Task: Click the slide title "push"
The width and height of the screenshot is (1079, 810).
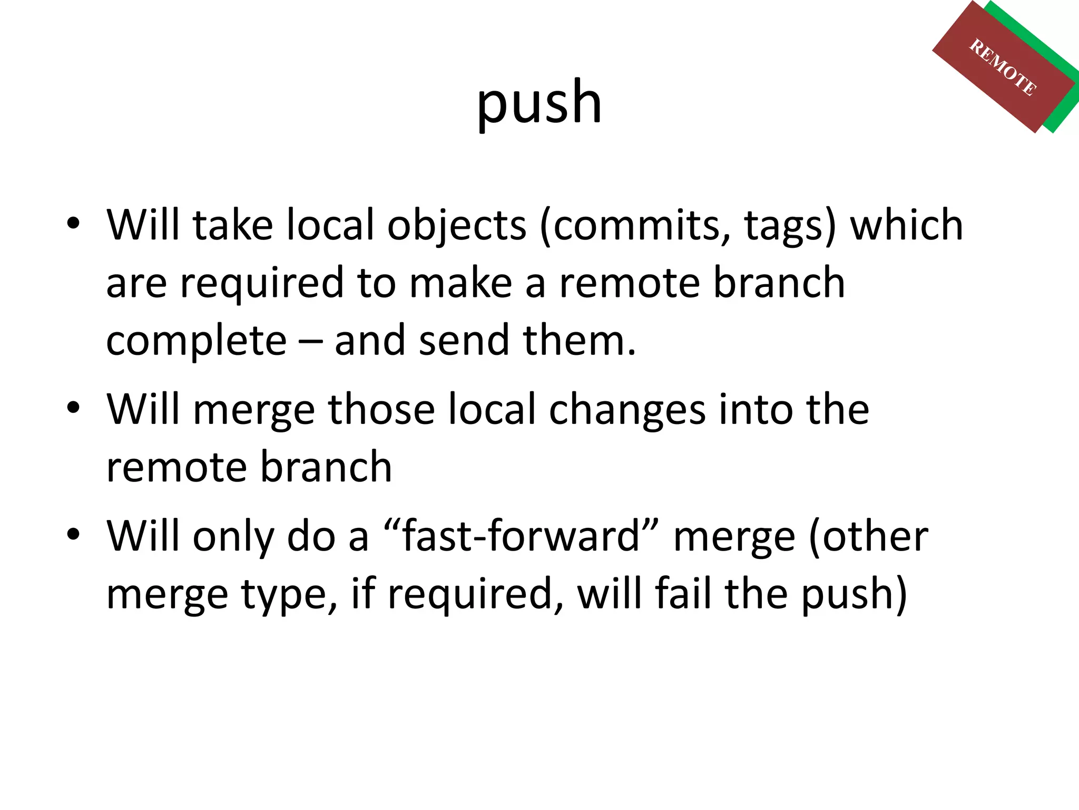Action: click(x=538, y=103)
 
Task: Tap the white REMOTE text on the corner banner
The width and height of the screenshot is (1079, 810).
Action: click(x=1003, y=68)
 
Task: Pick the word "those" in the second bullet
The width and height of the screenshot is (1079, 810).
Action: click(x=381, y=409)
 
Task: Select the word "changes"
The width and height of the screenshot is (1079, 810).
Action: click(x=627, y=410)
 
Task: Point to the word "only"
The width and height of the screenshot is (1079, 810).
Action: click(x=233, y=537)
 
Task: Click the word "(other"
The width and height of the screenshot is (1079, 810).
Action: click(x=868, y=537)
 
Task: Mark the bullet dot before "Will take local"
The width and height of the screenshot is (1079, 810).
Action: click(x=73, y=224)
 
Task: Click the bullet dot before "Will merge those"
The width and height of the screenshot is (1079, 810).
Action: click(x=73, y=408)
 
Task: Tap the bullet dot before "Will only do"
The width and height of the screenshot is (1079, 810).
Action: click(x=73, y=534)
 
